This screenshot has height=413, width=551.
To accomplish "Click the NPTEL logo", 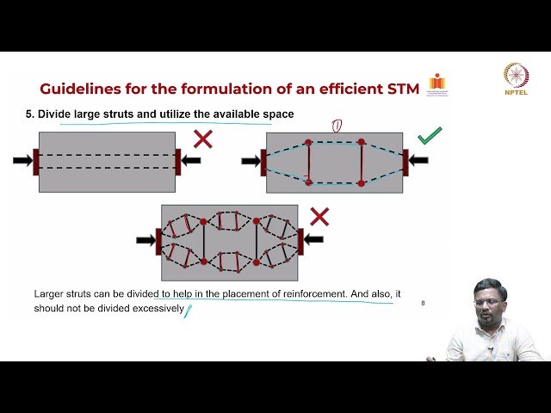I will point(517,80).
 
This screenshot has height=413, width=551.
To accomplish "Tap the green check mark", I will point(429,136).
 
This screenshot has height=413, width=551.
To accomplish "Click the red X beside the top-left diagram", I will point(203,139).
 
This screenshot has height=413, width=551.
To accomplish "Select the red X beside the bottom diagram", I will point(319,216).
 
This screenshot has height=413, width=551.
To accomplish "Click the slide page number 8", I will point(423,303).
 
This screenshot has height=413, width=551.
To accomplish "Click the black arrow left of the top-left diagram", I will point(22,160).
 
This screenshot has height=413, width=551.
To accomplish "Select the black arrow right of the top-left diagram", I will point(190,160).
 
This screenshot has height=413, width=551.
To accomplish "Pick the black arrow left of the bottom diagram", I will point(145,239).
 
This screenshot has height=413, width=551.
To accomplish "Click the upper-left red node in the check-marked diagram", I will point(309,142).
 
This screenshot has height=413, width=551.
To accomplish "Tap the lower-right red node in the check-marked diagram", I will point(362,182).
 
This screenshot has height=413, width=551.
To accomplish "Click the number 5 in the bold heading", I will point(28,114).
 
